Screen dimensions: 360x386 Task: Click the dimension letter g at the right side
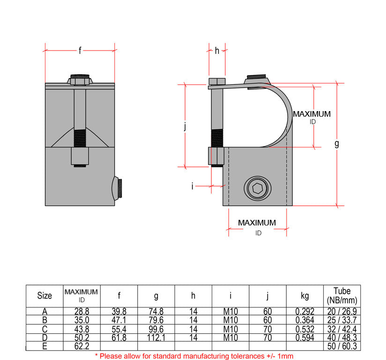[x=336, y=144]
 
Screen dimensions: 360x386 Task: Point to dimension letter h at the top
[x=217, y=51]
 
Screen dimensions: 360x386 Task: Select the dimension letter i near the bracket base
[x=193, y=186]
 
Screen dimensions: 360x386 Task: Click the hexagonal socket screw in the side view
[x=257, y=188]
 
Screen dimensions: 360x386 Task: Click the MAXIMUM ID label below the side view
[x=257, y=227]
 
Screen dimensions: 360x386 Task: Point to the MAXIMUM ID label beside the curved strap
[x=312, y=117]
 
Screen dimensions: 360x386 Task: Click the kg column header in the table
[x=305, y=296]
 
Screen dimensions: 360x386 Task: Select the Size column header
[x=45, y=296]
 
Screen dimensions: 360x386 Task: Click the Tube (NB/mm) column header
[x=342, y=295]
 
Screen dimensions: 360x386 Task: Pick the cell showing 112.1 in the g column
[x=156, y=338]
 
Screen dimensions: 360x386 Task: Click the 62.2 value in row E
[x=82, y=346]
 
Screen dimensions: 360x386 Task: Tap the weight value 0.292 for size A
[x=305, y=312]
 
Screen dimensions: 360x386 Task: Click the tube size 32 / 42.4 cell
[x=342, y=330]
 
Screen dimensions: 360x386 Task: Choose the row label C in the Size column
[x=45, y=330]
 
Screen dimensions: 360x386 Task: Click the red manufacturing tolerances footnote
[x=194, y=356]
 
